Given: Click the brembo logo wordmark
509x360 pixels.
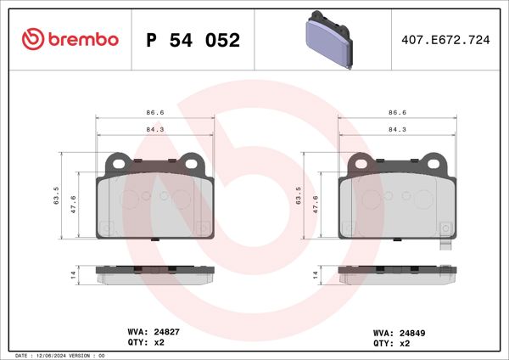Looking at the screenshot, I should click(x=70, y=40).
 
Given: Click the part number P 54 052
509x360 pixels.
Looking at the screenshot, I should click(x=193, y=41).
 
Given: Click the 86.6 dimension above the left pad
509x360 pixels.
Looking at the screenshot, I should click(x=154, y=112).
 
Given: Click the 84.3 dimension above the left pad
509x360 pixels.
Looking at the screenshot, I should click(x=154, y=130).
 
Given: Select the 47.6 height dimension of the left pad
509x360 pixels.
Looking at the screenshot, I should click(x=76, y=205).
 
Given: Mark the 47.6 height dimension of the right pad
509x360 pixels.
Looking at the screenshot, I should click(x=317, y=205).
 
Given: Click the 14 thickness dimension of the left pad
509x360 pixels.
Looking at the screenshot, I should click(x=74, y=275).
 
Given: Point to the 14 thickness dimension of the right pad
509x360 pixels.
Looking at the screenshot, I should click(x=316, y=275).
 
